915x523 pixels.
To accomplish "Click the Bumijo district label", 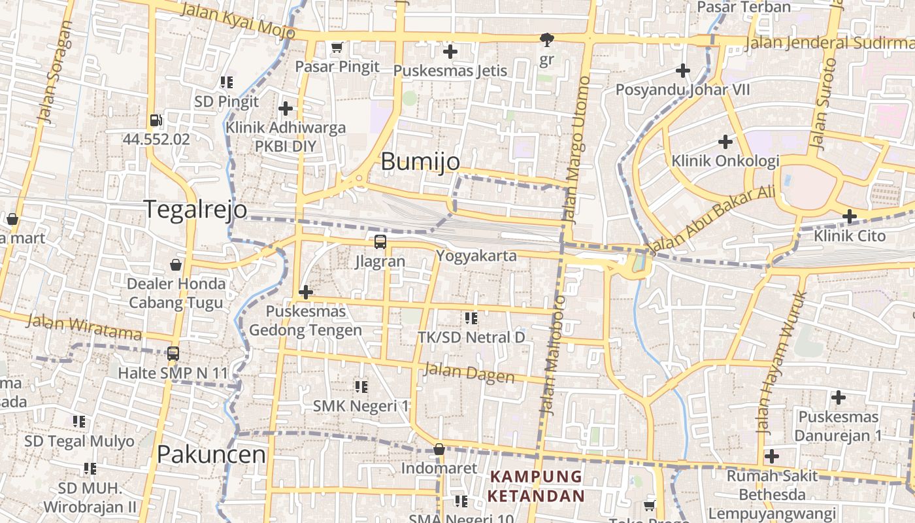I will click(420, 161).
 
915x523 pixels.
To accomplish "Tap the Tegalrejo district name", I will click(195, 209).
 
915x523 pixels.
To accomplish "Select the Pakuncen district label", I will click(212, 454).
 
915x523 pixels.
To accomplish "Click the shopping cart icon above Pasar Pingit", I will click(337, 47).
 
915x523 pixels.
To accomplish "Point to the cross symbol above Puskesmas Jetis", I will click(450, 51).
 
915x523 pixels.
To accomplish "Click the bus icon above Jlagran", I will click(380, 242).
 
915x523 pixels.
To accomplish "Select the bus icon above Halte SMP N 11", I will click(173, 354).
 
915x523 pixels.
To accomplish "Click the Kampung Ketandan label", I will click(536, 486).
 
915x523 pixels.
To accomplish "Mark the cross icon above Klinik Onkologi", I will click(725, 141).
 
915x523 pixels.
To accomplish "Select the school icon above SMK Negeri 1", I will click(361, 387).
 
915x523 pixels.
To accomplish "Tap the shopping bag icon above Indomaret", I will click(439, 450).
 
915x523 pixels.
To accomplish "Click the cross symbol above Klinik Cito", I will click(850, 216).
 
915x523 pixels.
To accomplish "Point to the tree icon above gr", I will click(547, 40).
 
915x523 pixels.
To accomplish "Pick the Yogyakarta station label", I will click(476, 256).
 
